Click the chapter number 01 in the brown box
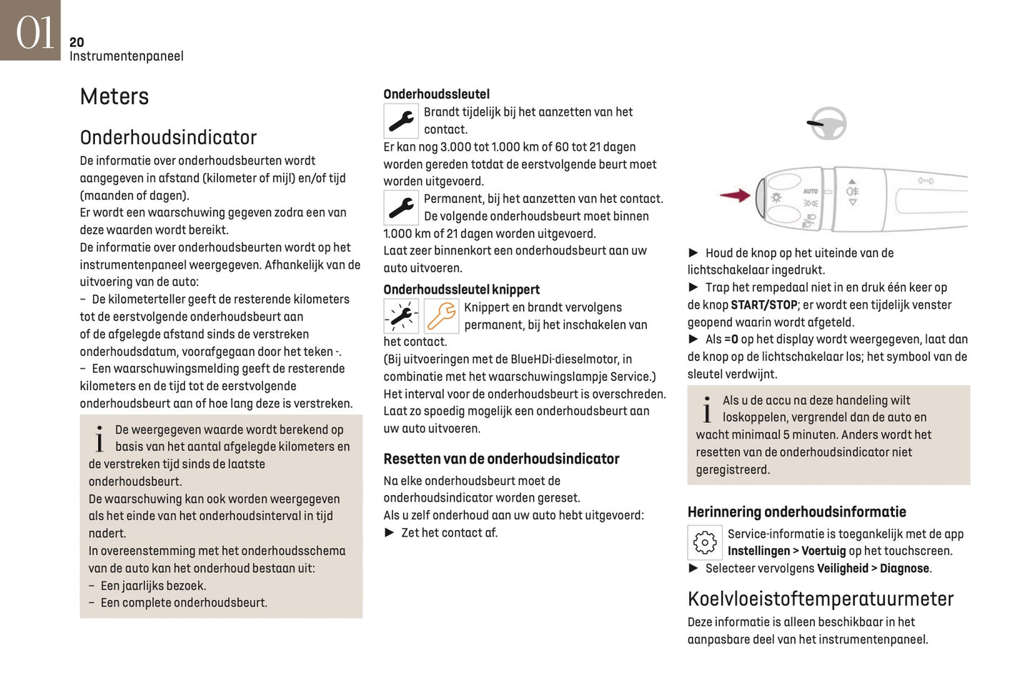[x=34, y=33]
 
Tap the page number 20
[x=76, y=42]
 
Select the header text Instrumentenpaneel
[x=126, y=56]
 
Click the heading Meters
[x=114, y=96]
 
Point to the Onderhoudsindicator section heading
[x=168, y=137]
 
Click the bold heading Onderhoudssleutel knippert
[x=461, y=289]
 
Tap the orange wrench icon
[x=441, y=316]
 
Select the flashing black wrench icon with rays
[x=401, y=316]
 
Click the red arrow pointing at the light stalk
[x=734, y=195]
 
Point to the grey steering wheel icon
[x=827, y=124]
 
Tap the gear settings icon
[x=704, y=542]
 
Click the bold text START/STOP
[x=763, y=305]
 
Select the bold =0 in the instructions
[x=731, y=339]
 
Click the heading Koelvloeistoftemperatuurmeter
[x=820, y=599]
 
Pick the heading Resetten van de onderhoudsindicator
[x=501, y=459]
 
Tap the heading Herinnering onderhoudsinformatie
[x=796, y=512]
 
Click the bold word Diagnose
[x=904, y=569]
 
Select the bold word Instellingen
[x=758, y=551]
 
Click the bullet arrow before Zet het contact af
[x=390, y=532]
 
